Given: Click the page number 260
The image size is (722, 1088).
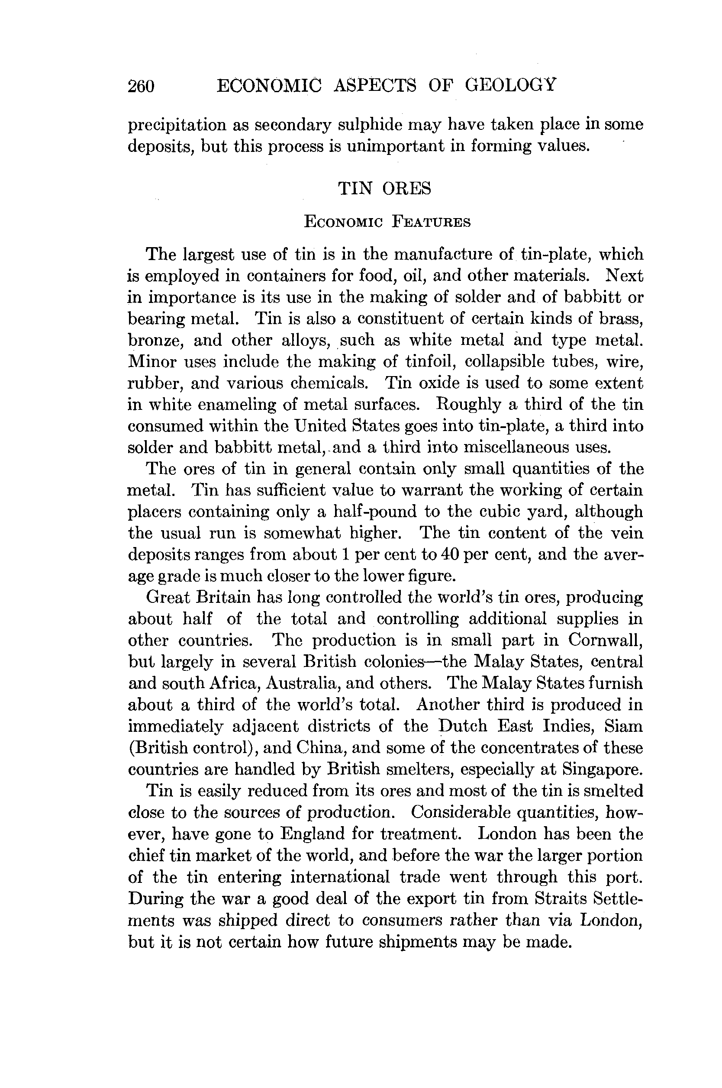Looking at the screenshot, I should [x=141, y=86].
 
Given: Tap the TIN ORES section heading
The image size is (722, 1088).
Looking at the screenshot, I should [x=384, y=188].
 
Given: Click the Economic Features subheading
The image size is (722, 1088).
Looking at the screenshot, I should [x=387, y=222].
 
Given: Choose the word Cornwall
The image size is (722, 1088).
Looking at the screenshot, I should [x=605, y=640].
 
